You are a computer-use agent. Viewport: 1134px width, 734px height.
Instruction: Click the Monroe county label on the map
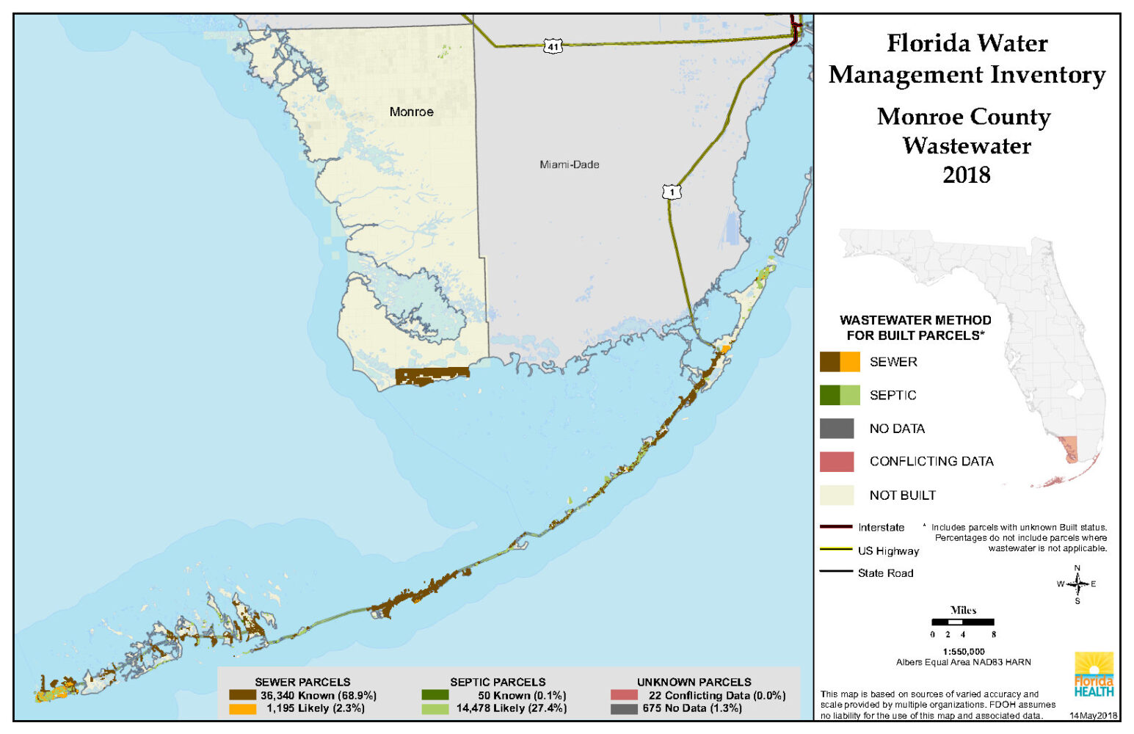coord(411,112)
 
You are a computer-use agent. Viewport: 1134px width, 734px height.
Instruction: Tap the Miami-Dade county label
coord(569,164)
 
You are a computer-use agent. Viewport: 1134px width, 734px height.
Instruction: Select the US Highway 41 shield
coord(553,46)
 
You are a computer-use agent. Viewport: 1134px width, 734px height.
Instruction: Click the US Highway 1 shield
coord(671,192)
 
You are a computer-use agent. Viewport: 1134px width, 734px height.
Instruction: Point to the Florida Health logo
coord(1094,675)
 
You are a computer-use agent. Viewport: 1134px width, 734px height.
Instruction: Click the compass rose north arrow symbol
coord(1077,584)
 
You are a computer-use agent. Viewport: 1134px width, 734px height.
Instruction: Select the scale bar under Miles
coord(962,622)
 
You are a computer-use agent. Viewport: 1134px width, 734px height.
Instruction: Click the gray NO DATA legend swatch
coord(837,429)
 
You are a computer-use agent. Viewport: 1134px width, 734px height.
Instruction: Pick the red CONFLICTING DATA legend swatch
coord(837,462)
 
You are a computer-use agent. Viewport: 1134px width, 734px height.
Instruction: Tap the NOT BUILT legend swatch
coord(837,495)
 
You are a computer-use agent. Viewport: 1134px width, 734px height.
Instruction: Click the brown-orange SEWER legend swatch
coord(840,362)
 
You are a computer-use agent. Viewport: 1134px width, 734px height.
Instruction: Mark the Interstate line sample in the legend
coord(835,527)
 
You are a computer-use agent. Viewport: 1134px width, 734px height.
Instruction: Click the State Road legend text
coord(885,573)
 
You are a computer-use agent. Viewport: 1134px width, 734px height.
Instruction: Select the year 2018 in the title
coord(966,175)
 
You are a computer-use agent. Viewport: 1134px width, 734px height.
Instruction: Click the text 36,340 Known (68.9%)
coord(318,695)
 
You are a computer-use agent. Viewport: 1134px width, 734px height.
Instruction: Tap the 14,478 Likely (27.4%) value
coord(511,708)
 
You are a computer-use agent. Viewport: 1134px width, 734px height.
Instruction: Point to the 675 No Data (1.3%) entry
coord(691,708)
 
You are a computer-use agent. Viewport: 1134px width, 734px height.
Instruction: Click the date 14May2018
coord(1093,716)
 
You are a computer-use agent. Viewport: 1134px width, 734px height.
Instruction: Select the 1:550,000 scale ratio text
coord(963,652)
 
